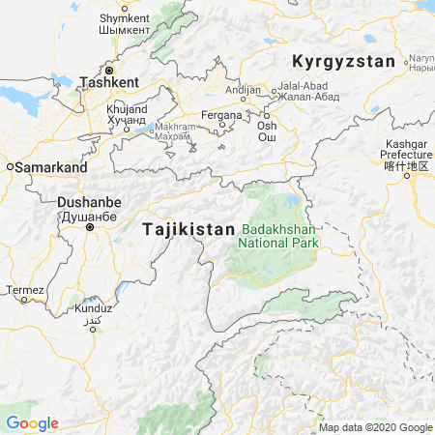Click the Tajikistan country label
pos(188,230)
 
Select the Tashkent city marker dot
pos(109,71)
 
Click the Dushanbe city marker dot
pos(90,228)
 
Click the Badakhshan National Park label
pos(279,236)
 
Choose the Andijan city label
pos(243,90)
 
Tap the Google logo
pos(32,423)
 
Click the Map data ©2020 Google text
pos(375,427)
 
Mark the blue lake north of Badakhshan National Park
pos(292,202)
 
